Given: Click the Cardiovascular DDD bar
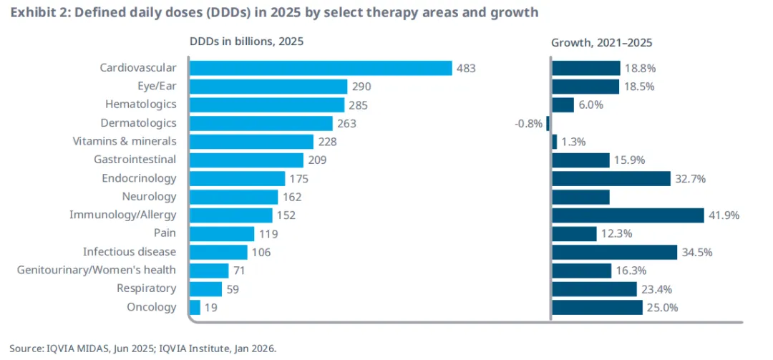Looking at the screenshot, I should coord(320,68).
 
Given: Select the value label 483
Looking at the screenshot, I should coord(466,69).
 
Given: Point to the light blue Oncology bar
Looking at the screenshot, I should coord(195,307).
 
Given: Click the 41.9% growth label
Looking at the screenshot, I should coord(724,215).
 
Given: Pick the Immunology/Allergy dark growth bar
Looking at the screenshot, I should coord(628,215).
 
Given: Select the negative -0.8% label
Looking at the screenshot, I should coord(529,123).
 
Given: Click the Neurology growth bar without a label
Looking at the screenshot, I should coord(580,197).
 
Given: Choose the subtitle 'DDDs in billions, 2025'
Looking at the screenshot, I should coord(246,42).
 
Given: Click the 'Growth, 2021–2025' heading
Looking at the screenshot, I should coord(601,42).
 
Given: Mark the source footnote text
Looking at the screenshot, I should coord(142,349).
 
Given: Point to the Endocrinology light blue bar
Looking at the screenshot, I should coord(238,178).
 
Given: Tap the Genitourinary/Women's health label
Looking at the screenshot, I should coord(97,270).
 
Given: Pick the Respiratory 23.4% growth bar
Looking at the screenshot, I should coord(594,288).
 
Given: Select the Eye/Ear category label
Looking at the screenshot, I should coord(157,86).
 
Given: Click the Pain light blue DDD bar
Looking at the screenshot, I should coord(222,233).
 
